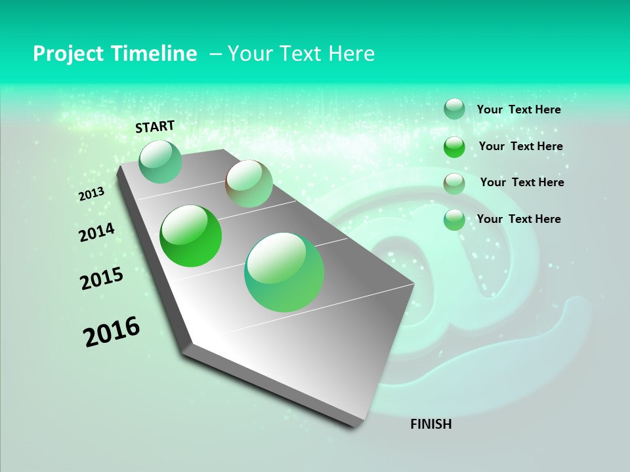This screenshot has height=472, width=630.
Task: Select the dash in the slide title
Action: (x=215, y=54)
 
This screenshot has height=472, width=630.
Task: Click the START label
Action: (x=155, y=127)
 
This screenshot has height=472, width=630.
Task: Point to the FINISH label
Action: (x=431, y=424)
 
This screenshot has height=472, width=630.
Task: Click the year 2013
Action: (x=92, y=194)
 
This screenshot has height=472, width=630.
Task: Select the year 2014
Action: (x=97, y=233)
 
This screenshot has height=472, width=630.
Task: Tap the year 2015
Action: (x=102, y=279)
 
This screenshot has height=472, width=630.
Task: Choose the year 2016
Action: (x=112, y=332)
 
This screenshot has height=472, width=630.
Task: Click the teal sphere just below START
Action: (x=160, y=162)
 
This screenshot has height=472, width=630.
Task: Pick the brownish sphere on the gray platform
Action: (x=249, y=184)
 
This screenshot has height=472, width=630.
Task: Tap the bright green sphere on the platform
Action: (x=191, y=236)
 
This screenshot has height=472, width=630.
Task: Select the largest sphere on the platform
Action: (x=284, y=272)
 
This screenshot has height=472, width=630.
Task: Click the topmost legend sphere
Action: (x=454, y=109)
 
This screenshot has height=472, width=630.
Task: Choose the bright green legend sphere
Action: (x=454, y=147)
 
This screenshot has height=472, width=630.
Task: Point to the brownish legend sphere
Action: (x=454, y=184)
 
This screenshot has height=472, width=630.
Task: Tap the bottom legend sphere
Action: (x=454, y=220)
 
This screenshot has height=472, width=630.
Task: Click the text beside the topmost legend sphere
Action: (x=518, y=110)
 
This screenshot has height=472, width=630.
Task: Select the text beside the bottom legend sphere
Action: (x=518, y=219)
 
